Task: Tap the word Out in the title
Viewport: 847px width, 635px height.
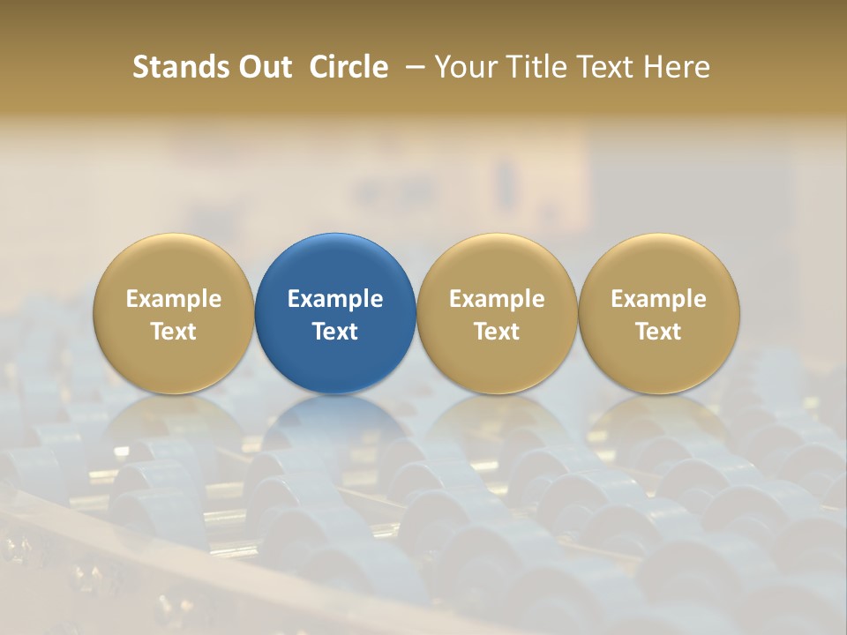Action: coord(262,67)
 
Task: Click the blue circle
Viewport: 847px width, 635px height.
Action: coord(335,265)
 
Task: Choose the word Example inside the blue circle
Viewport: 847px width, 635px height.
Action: coord(335,299)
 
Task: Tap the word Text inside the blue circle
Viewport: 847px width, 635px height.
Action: coord(335,332)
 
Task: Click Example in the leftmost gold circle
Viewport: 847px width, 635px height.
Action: coord(174,299)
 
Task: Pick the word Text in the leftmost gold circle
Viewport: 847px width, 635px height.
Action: coord(174,332)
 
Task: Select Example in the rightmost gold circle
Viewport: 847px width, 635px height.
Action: coord(658,299)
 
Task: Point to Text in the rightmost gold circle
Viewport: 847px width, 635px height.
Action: coord(658,332)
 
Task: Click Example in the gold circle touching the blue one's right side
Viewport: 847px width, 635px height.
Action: coord(497,299)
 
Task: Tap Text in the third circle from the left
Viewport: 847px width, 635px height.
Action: coord(497,332)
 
